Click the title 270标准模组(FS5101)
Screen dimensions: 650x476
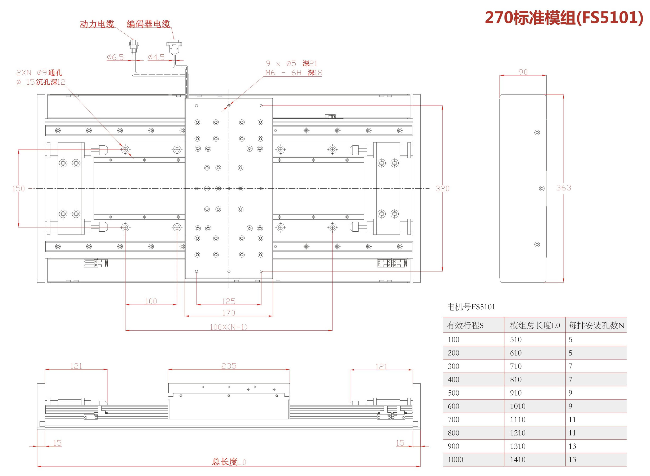[x=564, y=18]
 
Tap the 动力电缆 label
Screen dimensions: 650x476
[x=97, y=24]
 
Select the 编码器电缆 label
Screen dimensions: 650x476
[x=148, y=24]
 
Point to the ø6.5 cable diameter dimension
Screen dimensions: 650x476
[x=115, y=57]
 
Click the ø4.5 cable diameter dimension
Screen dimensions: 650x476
[x=156, y=57]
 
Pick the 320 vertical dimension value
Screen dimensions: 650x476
[x=442, y=189]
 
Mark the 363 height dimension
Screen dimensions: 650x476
[x=564, y=188]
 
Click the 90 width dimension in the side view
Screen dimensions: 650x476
[x=523, y=72]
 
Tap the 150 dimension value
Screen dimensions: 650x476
[x=19, y=189]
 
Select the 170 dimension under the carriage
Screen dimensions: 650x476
[x=229, y=313]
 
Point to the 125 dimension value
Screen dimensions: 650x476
[x=229, y=301]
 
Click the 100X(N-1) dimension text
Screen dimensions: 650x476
[x=229, y=327]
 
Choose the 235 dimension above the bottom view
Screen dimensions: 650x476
[x=229, y=366]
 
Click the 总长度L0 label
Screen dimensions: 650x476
[x=229, y=462]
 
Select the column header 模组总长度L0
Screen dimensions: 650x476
[x=535, y=326]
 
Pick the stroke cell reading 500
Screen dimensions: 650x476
[x=453, y=393]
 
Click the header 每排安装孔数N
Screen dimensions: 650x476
[x=596, y=326]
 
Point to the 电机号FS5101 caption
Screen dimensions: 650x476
[x=471, y=307]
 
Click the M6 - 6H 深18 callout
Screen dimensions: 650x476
[x=294, y=73]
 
